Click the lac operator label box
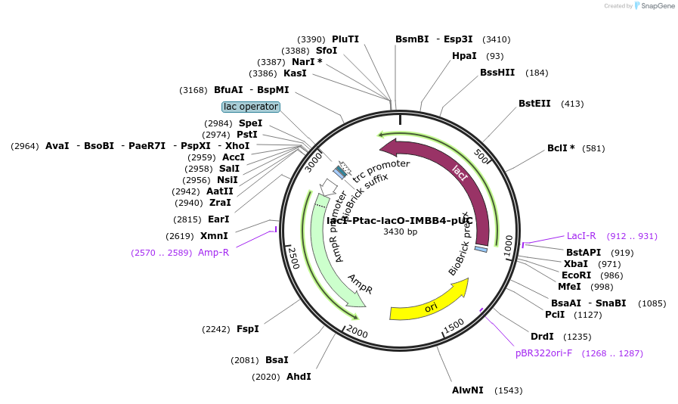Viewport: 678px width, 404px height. (x=251, y=107)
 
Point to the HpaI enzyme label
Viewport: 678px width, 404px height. (x=464, y=56)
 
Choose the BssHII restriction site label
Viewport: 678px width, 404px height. (x=497, y=73)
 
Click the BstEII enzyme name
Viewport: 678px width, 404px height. (x=534, y=104)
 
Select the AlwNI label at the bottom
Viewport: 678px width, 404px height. (x=467, y=390)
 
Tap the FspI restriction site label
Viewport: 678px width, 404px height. (x=248, y=329)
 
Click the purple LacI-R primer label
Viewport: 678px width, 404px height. (x=581, y=236)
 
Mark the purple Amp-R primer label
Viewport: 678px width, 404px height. (x=213, y=253)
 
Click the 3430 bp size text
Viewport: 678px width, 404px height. (x=400, y=232)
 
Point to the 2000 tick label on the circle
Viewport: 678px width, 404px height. (x=357, y=334)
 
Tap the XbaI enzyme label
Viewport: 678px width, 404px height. (x=576, y=264)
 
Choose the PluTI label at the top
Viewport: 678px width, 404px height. (x=345, y=39)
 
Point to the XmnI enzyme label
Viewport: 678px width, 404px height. (x=214, y=236)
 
